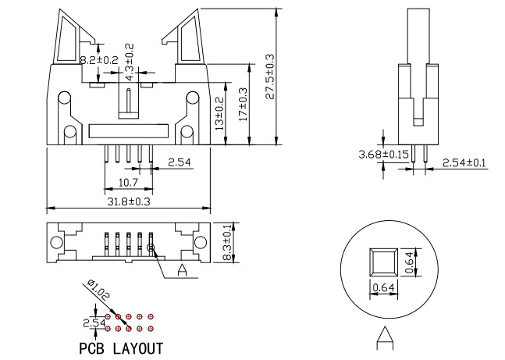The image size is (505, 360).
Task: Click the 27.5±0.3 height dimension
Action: (269, 77)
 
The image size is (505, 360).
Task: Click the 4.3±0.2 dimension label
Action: (130, 59)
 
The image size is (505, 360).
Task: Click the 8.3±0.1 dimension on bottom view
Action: (226, 243)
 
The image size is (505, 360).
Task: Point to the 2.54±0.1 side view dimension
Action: (464, 162)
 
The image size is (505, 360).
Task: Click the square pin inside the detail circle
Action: (383, 262)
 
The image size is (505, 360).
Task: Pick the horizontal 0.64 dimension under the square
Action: (382, 288)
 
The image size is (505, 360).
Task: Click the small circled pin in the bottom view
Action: (152, 248)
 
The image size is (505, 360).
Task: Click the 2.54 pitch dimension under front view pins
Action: (179, 162)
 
